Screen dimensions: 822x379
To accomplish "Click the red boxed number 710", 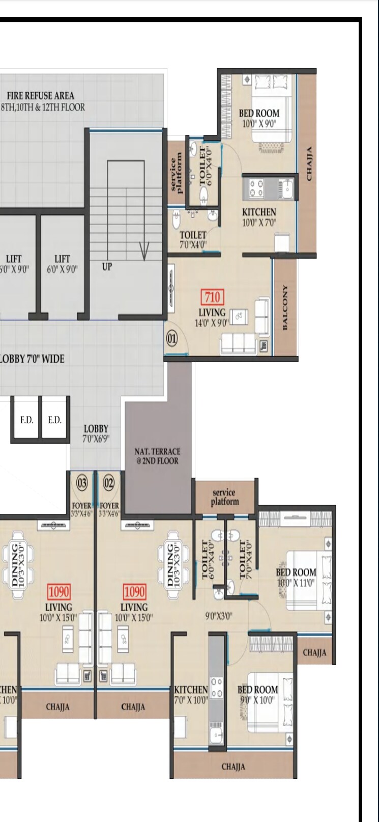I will click(x=212, y=296).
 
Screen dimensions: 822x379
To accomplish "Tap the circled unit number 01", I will click(x=172, y=338).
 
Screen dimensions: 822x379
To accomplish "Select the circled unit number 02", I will click(x=109, y=483).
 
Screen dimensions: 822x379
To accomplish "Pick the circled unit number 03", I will click(x=82, y=483).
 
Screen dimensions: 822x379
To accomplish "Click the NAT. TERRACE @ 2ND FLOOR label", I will click(x=157, y=456).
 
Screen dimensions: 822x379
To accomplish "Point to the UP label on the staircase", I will click(x=107, y=266).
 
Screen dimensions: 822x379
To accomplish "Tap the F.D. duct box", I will click(x=26, y=420).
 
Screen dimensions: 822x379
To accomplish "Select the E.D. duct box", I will click(x=54, y=420).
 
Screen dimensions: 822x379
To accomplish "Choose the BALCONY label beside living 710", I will click(x=285, y=307).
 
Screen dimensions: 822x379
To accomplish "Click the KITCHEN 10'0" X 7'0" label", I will click(x=259, y=217).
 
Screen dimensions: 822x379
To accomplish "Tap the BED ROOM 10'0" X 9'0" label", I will click(x=259, y=118).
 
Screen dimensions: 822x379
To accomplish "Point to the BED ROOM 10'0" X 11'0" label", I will click(x=296, y=578).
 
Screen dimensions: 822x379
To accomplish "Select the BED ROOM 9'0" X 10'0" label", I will click(x=257, y=695).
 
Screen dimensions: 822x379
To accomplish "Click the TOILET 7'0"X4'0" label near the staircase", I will click(x=193, y=240).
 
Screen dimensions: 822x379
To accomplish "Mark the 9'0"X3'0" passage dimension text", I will click(x=219, y=615).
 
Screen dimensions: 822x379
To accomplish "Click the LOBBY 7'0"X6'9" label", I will click(x=96, y=433).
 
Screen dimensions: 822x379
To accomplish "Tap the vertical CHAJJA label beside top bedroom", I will click(x=309, y=163).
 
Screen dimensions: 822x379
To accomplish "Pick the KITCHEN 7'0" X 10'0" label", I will click(x=191, y=695).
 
